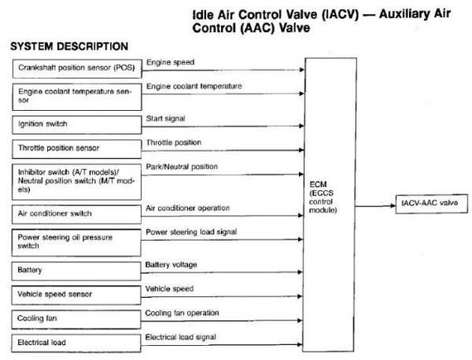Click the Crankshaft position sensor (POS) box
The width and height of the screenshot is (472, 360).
pos(77,69)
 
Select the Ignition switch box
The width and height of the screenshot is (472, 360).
pos(77,124)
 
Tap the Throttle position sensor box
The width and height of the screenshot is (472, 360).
pos(76,149)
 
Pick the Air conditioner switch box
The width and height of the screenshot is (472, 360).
pos(76,214)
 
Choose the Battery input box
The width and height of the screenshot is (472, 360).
pos(76,271)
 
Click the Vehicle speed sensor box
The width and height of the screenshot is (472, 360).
pos(76,295)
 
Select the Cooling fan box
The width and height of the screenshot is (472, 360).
pos(76,319)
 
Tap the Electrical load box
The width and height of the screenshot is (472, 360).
pos(76,343)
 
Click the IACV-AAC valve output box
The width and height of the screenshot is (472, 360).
pos(431,204)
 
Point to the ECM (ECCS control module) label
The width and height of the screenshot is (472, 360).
pos(323,197)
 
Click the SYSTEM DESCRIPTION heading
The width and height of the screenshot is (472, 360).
pos(70,46)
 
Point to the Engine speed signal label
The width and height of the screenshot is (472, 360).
pos(171,62)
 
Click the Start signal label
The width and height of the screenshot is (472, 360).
pos(166,118)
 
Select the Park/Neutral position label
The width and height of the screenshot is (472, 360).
pos(182,166)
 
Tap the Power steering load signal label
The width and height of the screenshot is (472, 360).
pos(191,232)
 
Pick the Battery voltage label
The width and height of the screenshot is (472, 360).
pos(171,265)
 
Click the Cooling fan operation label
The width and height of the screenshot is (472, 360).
pos(182,313)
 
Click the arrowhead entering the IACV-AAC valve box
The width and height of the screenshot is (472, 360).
pos(393,206)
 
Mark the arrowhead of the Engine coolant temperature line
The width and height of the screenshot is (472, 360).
pos(301,94)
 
